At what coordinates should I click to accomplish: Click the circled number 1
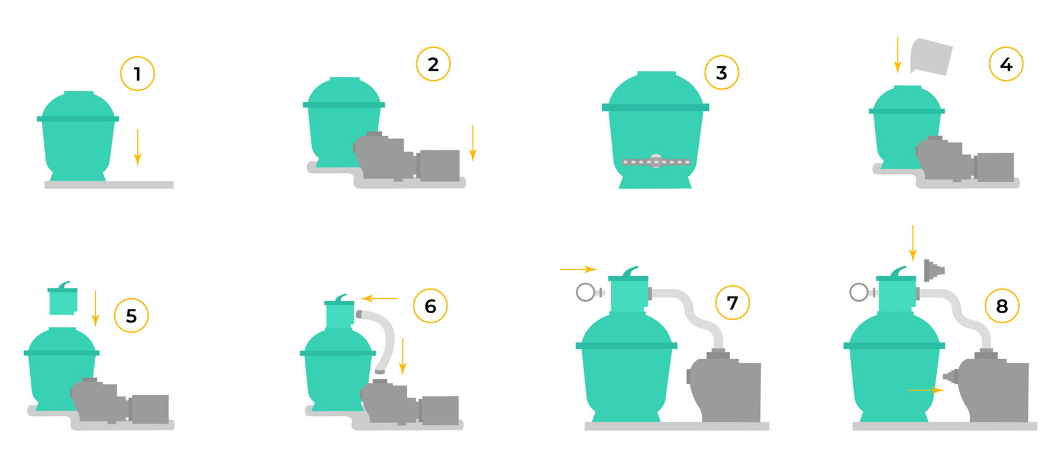(137, 73)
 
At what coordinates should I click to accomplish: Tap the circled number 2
(433, 64)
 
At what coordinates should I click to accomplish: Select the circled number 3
(721, 72)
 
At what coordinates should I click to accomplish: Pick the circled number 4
(1006, 64)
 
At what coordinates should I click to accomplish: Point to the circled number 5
(131, 315)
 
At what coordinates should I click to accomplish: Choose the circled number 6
(430, 305)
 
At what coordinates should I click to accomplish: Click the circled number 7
(733, 302)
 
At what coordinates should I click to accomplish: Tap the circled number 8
(1002, 305)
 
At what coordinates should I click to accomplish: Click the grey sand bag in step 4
(931, 57)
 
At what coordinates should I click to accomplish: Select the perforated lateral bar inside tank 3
(656, 162)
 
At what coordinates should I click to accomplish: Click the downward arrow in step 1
(138, 147)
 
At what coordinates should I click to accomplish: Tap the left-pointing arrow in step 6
(379, 298)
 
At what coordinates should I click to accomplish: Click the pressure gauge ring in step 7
(585, 292)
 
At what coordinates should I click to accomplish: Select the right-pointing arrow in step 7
(578, 269)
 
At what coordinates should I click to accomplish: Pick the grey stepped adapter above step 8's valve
(934, 270)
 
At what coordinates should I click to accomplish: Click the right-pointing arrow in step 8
(925, 390)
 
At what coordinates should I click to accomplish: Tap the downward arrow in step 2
(473, 143)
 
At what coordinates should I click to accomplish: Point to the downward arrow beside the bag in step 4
(898, 55)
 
